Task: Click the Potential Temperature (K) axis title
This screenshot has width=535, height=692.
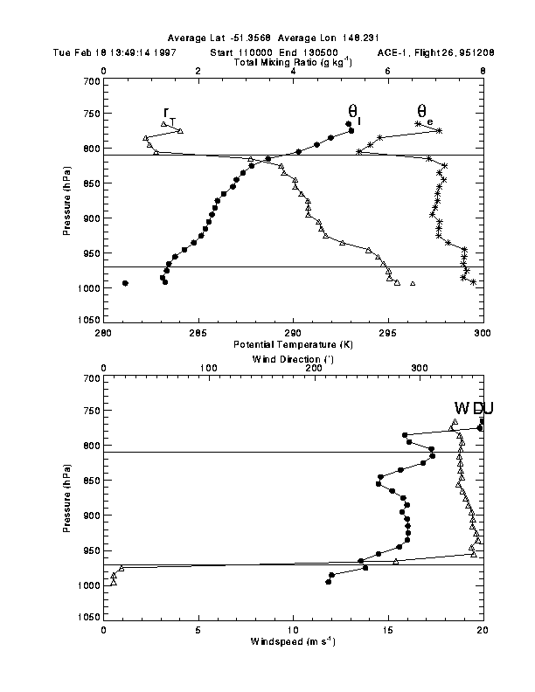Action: point(292,345)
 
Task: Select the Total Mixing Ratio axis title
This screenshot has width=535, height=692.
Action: point(292,63)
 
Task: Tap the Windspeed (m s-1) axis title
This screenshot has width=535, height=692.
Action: point(292,642)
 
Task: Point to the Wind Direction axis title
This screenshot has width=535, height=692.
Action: point(293,359)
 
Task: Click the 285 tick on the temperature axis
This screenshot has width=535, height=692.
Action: point(198,333)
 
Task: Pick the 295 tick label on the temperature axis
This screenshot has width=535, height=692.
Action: point(387,333)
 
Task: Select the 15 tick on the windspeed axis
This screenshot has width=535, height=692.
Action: point(387,630)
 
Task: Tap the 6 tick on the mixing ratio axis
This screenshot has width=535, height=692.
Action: point(387,71)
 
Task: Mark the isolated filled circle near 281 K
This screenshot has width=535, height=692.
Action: point(125,283)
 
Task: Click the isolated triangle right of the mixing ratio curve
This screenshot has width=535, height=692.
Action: point(413,283)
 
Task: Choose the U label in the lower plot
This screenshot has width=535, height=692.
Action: point(477,409)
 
